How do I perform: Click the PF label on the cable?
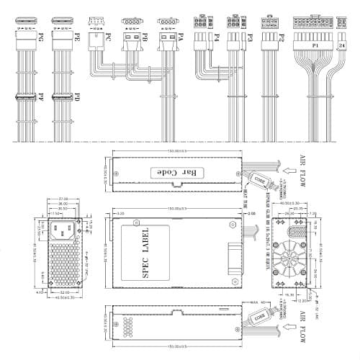point(41,96)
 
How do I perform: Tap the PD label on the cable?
point(77,96)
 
